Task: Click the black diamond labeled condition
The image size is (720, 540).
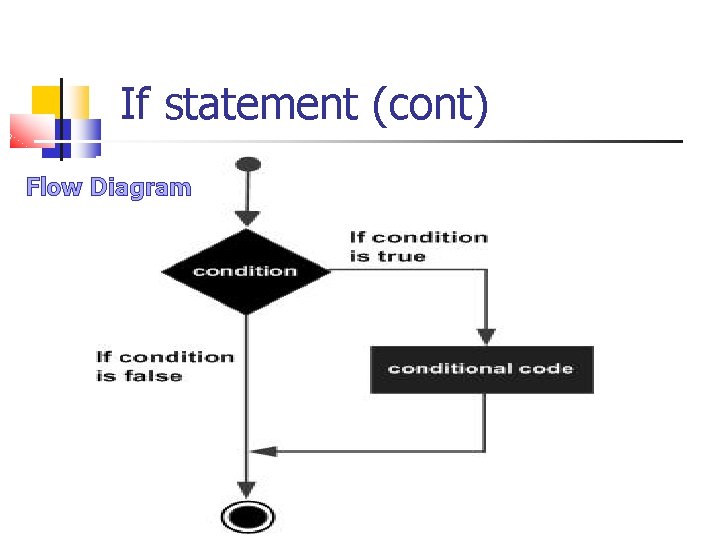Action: click(246, 271)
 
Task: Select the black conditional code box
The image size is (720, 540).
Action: click(481, 369)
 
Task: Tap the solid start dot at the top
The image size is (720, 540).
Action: click(247, 164)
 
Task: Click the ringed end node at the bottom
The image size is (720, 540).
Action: click(247, 516)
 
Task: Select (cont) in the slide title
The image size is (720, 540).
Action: click(429, 106)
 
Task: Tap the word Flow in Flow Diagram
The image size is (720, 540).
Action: click(55, 187)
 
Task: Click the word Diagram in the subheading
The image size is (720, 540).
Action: click(140, 188)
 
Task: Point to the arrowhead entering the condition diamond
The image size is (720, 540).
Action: click(247, 218)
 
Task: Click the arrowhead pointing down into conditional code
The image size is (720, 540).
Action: click(485, 336)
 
